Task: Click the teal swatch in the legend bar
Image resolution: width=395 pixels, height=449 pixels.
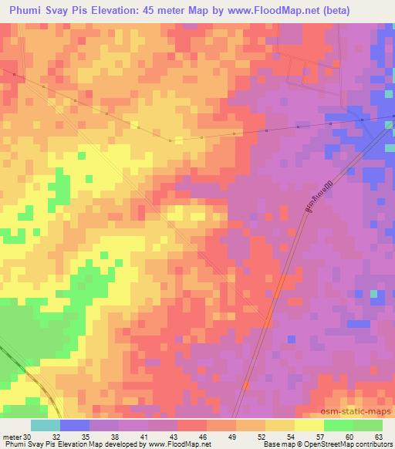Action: tap(46, 425)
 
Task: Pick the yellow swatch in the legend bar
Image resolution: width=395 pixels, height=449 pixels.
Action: tap(309, 425)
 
